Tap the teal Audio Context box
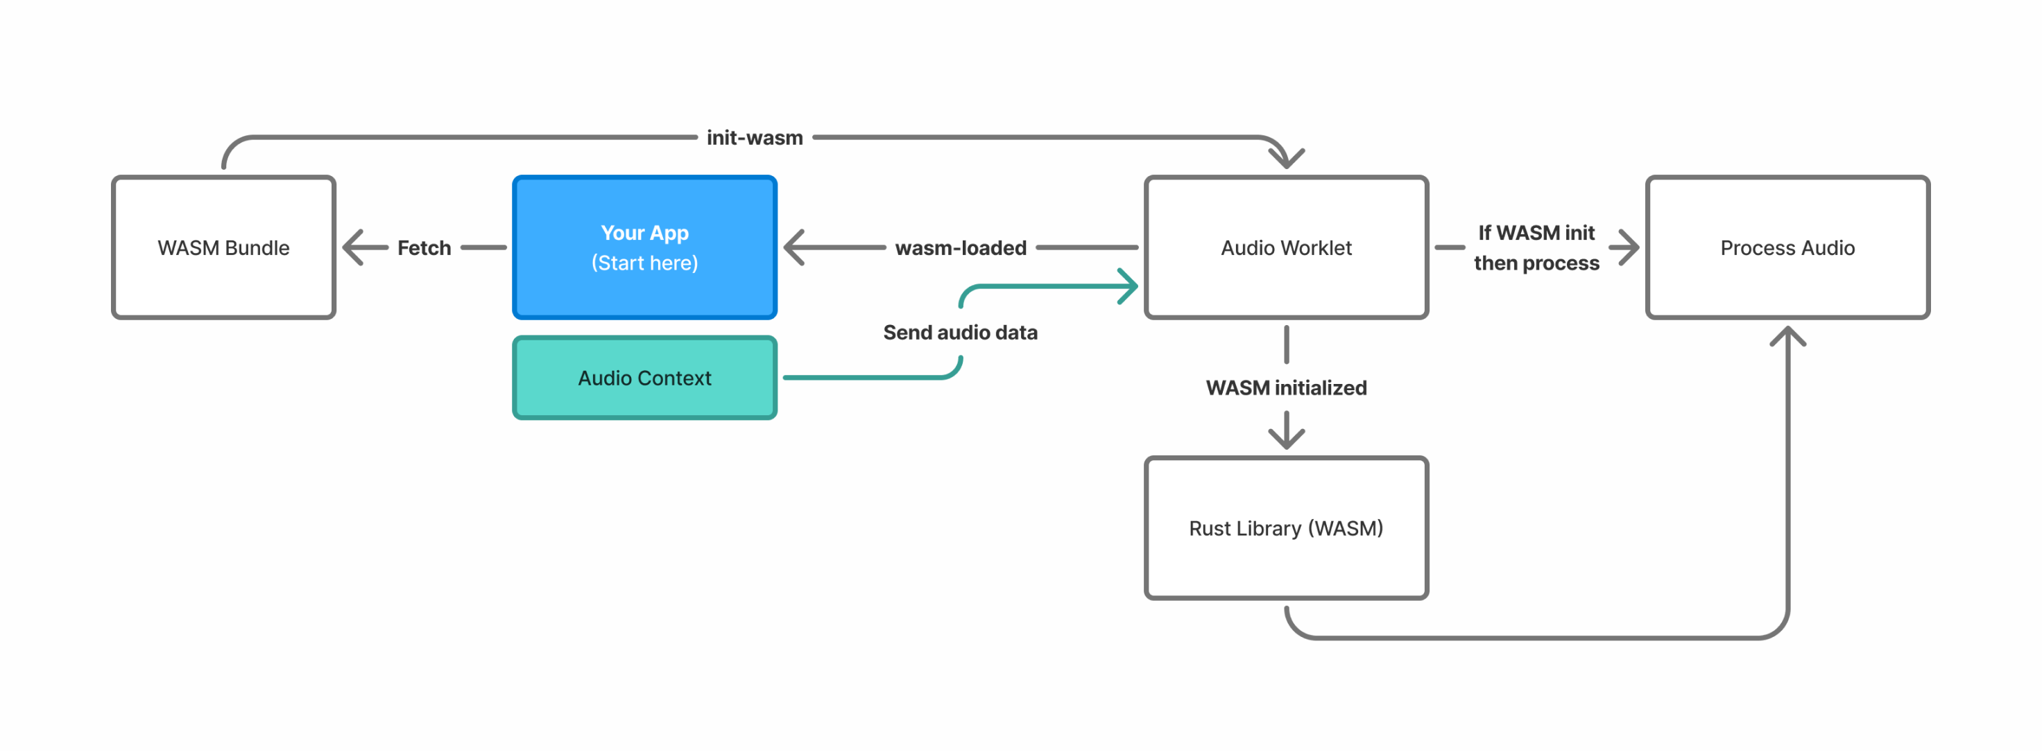(x=644, y=378)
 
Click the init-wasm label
(x=754, y=138)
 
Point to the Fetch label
(x=423, y=248)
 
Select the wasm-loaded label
(x=960, y=248)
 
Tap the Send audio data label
(x=959, y=332)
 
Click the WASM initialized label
(x=1286, y=387)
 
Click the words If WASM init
(x=1536, y=232)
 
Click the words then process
(x=1536, y=263)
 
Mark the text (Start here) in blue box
(x=644, y=263)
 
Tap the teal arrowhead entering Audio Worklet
(x=1128, y=286)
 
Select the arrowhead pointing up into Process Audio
(x=1787, y=336)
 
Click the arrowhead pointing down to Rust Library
(x=1286, y=437)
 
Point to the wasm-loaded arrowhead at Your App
(x=794, y=247)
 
